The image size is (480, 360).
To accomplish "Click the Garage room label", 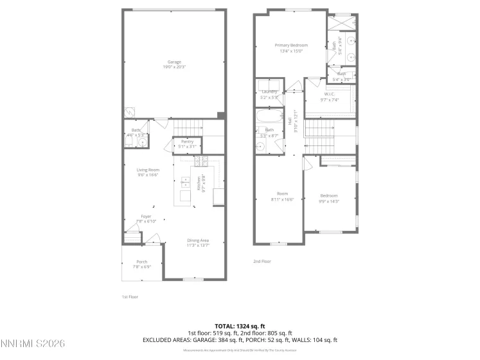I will pyautogui.click(x=174, y=62).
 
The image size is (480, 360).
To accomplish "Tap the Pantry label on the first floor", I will pyautogui.click(x=188, y=141).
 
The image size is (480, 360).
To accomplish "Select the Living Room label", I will pyautogui.click(x=147, y=170).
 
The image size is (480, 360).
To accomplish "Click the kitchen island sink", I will pyautogui.click(x=185, y=181).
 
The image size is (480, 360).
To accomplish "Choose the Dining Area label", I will pyautogui.click(x=198, y=240).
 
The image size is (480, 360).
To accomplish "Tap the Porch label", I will pyautogui.click(x=141, y=262).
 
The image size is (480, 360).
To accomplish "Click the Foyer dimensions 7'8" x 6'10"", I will pyautogui.click(x=147, y=222).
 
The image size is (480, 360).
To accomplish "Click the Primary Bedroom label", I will pyautogui.click(x=291, y=45).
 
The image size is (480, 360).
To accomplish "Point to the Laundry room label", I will pyautogui.click(x=269, y=92).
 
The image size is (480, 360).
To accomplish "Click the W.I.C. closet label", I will pyautogui.click(x=330, y=94).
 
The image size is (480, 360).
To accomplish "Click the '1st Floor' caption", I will pyautogui.click(x=130, y=296).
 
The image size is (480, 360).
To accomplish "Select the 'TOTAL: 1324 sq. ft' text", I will pyautogui.click(x=240, y=326).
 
